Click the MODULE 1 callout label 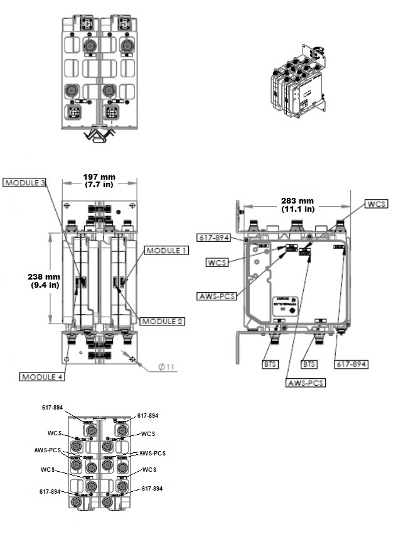pyautogui.click(x=166, y=250)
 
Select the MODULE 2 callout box pyautogui.click(x=161, y=321)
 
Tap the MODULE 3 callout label pyautogui.click(x=25, y=183)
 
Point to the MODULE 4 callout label pyautogui.click(x=43, y=376)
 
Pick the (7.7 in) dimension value pyautogui.click(x=98, y=185)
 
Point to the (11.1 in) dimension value pyautogui.click(x=297, y=209)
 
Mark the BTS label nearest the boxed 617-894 pyautogui.click(x=309, y=364)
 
